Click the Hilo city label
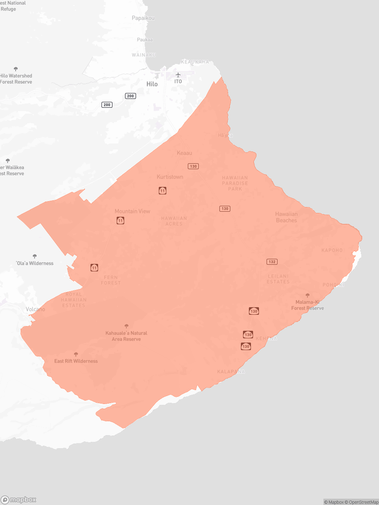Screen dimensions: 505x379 coord(152,84)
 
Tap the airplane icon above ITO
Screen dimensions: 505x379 coord(178,75)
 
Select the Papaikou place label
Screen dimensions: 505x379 coord(143,18)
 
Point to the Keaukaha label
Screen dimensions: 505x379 coord(195,62)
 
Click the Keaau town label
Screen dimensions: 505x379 coord(184,153)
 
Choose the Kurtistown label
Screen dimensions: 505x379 coord(170,177)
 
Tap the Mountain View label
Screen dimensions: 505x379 coord(132,211)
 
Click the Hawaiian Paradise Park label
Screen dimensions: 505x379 coord(235,183)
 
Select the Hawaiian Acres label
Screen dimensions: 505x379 coord(174,221)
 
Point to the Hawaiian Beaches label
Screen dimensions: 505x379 coord(286,217)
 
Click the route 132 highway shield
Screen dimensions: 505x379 coord(272,262)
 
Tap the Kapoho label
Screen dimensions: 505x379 coord(332,250)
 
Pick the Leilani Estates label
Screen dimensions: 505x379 coord(278,279)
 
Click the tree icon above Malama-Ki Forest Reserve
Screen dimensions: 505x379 coord(307,295)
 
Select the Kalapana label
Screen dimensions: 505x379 coord(231,372)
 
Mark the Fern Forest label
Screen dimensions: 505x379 coord(111,280)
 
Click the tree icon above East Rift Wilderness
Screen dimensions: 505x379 coord(76,354)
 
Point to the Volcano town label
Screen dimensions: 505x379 coord(35,309)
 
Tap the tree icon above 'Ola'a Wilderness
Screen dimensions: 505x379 coord(35,256)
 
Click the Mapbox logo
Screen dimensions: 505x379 coord(19,500)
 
